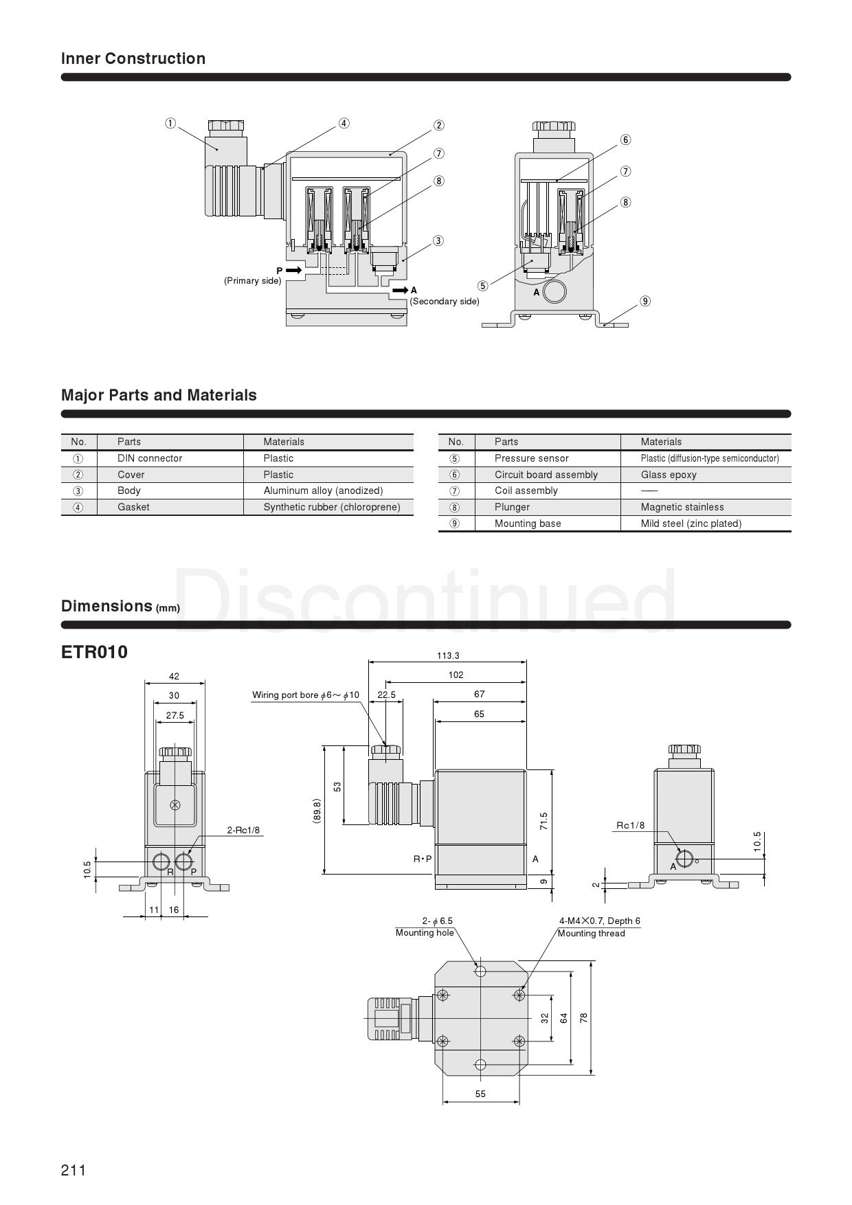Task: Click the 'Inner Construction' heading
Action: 133,58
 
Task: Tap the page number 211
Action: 74,1170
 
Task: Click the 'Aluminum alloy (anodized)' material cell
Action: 323,491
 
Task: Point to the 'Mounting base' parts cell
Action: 528,523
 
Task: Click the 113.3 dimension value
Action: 448,656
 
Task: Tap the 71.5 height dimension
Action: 543,822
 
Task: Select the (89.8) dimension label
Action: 316,811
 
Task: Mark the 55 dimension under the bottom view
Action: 480,1094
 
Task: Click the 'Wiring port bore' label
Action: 285,695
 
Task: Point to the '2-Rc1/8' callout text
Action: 244,830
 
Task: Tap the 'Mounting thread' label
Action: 592,933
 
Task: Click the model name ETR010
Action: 95,652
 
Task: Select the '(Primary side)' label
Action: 252,280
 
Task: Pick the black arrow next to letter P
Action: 293,271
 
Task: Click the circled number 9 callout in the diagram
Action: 644,301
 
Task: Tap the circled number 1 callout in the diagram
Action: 170,124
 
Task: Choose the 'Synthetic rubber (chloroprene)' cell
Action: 332,507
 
